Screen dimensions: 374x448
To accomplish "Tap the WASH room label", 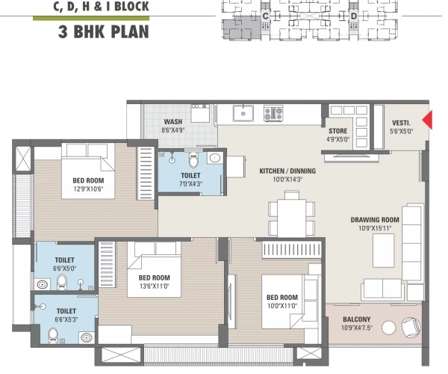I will point(172,121).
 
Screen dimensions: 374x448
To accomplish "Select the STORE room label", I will point(338,130).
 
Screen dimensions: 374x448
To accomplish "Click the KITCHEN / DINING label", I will point(287,171).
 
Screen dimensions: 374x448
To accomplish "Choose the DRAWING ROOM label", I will point(375,220).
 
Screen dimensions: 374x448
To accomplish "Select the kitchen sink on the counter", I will point(243,114).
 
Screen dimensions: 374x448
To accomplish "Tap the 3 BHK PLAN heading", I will point(103,32).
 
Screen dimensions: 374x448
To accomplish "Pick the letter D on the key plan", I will point(353,15).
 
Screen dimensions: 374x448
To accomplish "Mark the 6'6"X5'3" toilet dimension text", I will point(66,318).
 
